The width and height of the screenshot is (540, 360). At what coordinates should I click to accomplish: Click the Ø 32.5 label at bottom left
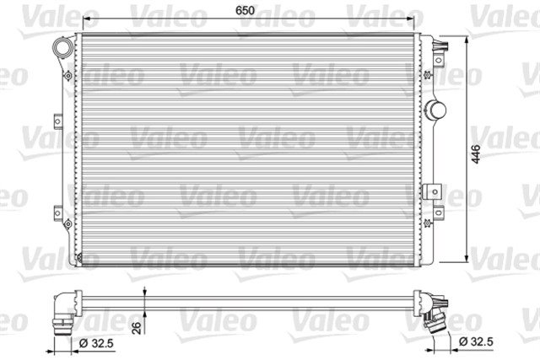[95, 343]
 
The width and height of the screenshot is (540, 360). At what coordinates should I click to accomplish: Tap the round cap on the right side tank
[436, 109]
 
